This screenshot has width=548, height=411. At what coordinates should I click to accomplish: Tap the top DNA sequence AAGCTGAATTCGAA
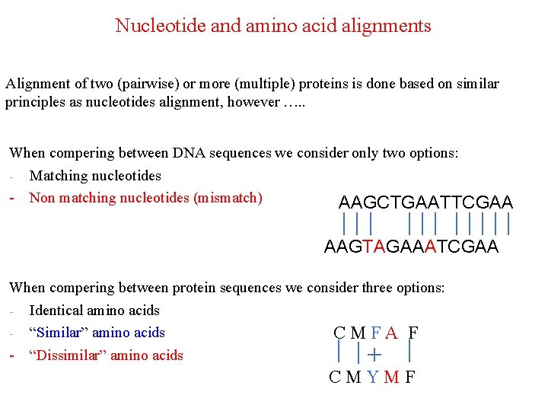coord(425,202)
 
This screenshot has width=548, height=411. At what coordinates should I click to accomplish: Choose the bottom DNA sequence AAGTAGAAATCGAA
coord(411,247)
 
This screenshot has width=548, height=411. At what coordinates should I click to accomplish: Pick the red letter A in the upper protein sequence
coord(391,333)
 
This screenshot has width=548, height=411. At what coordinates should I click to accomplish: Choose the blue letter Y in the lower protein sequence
coord(372,377)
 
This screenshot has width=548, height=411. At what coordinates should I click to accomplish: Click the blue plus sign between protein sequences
coord(374,354)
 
